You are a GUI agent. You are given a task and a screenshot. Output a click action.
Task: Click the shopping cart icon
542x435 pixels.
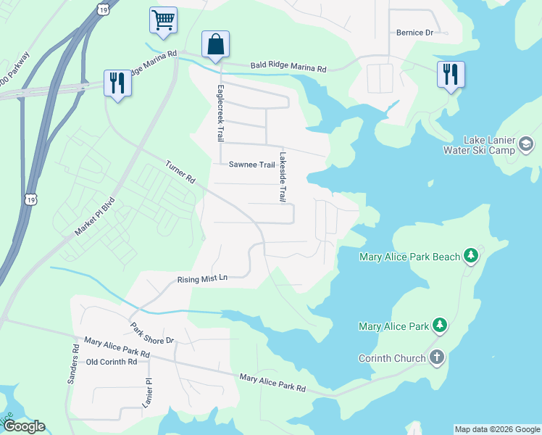164,20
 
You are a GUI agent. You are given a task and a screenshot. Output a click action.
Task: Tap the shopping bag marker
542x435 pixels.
216,44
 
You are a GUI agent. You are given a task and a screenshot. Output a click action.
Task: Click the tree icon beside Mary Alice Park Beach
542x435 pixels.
471,256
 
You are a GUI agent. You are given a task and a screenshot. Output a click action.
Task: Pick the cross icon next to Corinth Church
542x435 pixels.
436,357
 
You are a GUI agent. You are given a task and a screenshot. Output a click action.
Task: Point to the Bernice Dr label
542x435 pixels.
414,33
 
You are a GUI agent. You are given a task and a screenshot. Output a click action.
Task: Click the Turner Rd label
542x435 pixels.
180,171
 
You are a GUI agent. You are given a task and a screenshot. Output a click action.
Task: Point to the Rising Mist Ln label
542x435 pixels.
203,279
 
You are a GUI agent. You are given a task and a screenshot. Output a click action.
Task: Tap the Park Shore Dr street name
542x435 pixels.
152,330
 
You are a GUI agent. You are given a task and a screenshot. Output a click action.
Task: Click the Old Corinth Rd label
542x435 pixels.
112,362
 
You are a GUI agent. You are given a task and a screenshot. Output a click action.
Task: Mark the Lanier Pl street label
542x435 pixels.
149,391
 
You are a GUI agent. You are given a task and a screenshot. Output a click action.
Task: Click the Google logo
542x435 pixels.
24,426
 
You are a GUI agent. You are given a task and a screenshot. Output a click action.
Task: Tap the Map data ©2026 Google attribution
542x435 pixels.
497,429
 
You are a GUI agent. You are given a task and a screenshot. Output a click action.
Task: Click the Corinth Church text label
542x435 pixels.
391,358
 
